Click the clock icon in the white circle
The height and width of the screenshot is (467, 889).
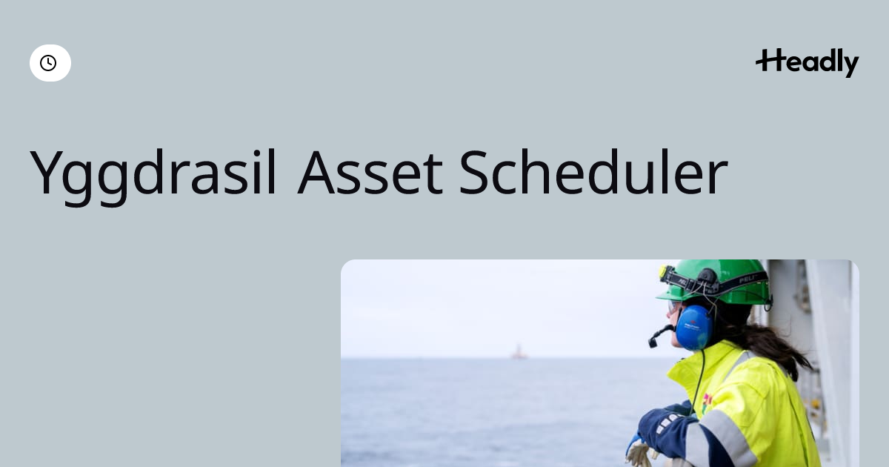(x=48, y=63)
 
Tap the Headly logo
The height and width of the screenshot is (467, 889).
(x=808, y=63)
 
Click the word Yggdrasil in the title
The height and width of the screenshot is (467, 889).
(x=153, y=173)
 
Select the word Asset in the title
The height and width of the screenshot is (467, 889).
(x=370, y=173)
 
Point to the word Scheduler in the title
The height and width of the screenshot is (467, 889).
(x=593, y=172)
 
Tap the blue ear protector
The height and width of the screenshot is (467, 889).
(x=694, y=328)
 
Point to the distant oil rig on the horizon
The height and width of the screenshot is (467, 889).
(x=519, y=352)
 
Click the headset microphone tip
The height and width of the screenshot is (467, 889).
(x=653, y=342)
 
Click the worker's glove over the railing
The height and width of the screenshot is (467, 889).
(x=641, y=453)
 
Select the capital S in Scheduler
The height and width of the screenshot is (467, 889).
(x=473, y=172)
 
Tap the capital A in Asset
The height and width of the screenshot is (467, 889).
(x=316, y=173)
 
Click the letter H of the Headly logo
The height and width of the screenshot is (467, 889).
(x=769, y=60)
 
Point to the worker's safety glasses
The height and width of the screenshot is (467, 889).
(x=673, y=306)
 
